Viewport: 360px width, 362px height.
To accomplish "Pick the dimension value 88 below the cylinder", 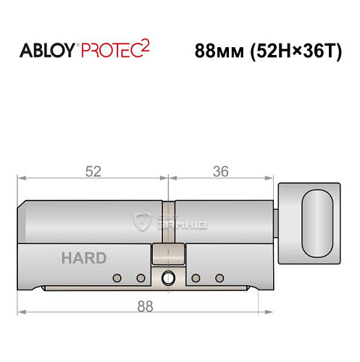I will [x=147, y=306].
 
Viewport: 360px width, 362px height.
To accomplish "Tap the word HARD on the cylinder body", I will [x=83, y=258].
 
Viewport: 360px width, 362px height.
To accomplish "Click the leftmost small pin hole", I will [x=116, y=277].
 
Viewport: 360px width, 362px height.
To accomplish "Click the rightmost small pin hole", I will [x=219, y=277].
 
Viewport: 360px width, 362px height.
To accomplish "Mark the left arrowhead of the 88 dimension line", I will [x=22, y=313].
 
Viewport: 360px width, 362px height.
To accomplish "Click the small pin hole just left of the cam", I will [x=141, y=277].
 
